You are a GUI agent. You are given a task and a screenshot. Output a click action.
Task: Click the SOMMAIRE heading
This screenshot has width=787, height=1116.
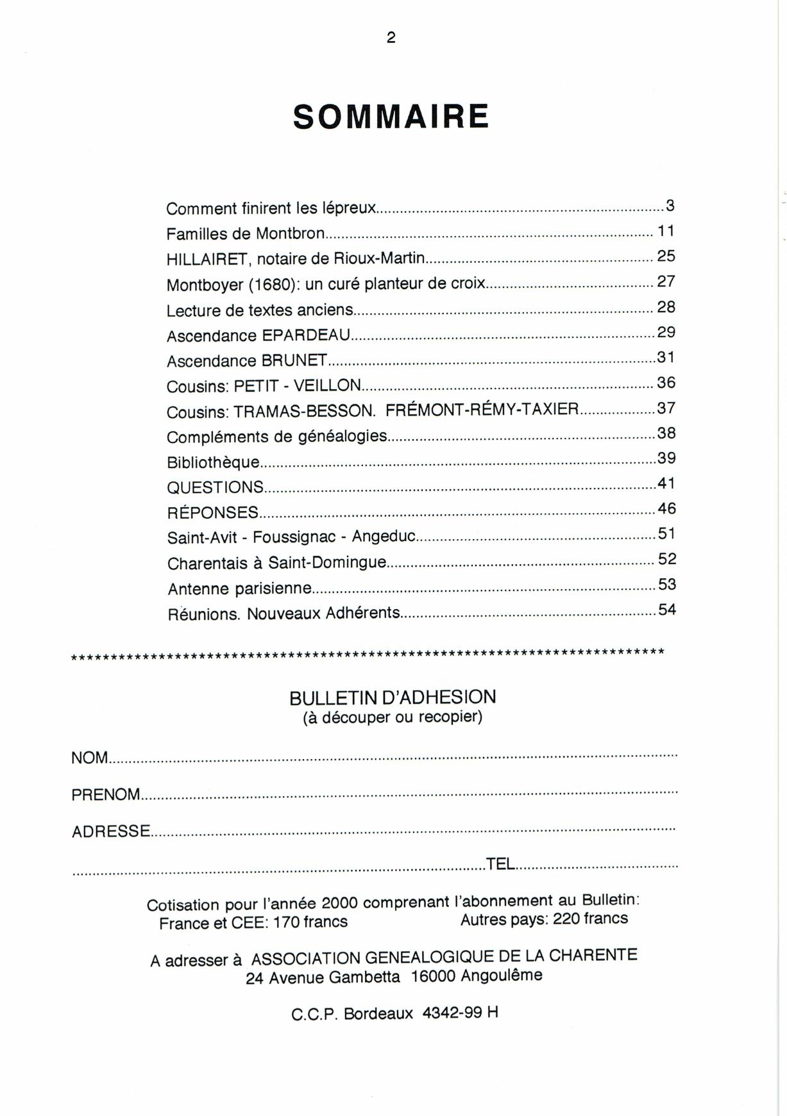[391, 117]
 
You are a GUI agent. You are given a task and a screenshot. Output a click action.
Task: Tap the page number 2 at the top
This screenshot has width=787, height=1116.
[391, 38]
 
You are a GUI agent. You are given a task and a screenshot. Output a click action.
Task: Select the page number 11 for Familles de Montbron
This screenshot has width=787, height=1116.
[666, 231]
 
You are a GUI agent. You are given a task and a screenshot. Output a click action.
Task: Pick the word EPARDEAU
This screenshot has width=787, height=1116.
[306, 335]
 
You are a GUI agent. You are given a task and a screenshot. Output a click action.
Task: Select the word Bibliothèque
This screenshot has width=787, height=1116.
[213, 462]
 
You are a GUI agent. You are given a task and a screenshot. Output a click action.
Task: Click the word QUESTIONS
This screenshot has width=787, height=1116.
[215, 487]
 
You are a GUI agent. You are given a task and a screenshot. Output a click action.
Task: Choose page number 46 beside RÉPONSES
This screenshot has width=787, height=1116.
[666, 509]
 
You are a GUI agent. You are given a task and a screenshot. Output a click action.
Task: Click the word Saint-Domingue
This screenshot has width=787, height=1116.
[327, 563]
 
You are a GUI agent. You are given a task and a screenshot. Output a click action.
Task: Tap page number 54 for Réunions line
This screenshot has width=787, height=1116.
[667, 610]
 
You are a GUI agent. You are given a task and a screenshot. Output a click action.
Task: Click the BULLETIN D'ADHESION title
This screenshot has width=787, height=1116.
[393, 697]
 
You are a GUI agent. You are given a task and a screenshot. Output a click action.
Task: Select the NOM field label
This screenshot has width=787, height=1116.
[90, 758]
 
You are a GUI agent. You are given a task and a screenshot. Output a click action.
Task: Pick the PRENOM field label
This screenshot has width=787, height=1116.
[105, 795]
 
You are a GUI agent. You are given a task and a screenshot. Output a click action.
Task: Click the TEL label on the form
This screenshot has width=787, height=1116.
[501, 864]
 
